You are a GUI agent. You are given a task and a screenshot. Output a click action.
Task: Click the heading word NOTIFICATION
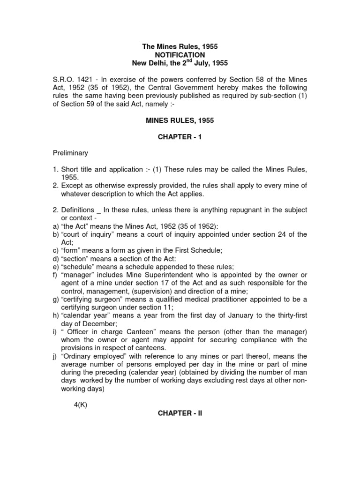[x=180, y=55]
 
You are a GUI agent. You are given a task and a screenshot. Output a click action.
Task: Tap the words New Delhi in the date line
[x=150, y=63]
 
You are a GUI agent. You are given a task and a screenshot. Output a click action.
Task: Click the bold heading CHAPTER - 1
[x=180, y=136]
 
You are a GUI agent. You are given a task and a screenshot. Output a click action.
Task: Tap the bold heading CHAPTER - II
[x=180, y=414]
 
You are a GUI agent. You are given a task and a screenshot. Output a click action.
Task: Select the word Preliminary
[x=71, y=153]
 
